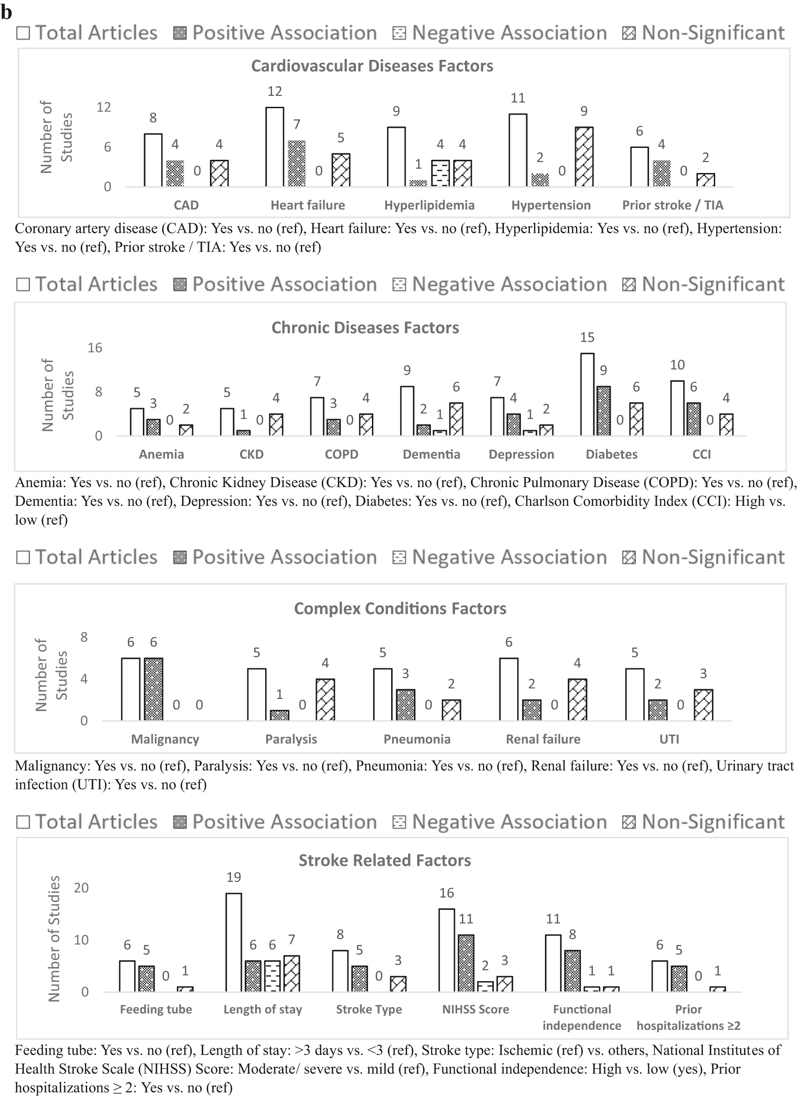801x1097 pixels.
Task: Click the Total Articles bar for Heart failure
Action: [x=275, y=147]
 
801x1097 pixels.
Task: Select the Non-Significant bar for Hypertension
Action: [x=584, y=157]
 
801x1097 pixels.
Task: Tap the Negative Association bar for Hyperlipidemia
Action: [x=440, y=173]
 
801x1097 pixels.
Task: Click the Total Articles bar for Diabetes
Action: [x=587, y=394]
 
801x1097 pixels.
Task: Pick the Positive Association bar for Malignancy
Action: [x=154, y=689]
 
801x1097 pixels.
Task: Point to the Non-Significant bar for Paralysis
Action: [x=325, y=699]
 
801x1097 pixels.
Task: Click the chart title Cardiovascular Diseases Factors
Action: [x=372, y=66]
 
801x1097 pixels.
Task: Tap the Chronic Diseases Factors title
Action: [x=365, y=328]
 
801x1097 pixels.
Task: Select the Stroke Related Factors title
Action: [x=384, y=861]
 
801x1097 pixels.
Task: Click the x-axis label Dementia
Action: [x=431, y=454]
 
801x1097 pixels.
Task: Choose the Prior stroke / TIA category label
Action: [x=672, y=205]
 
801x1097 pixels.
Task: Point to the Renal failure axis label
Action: [x=543, y=739]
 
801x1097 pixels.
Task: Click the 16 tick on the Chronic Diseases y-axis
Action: [x=94, y=348]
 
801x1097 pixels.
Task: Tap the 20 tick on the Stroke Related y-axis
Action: [x=81, y=887]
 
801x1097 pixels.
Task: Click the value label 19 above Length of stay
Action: [x=234, y=877]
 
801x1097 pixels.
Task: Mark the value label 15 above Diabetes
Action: [x=587, y=337]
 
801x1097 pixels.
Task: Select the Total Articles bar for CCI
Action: [x=677, y=408]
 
